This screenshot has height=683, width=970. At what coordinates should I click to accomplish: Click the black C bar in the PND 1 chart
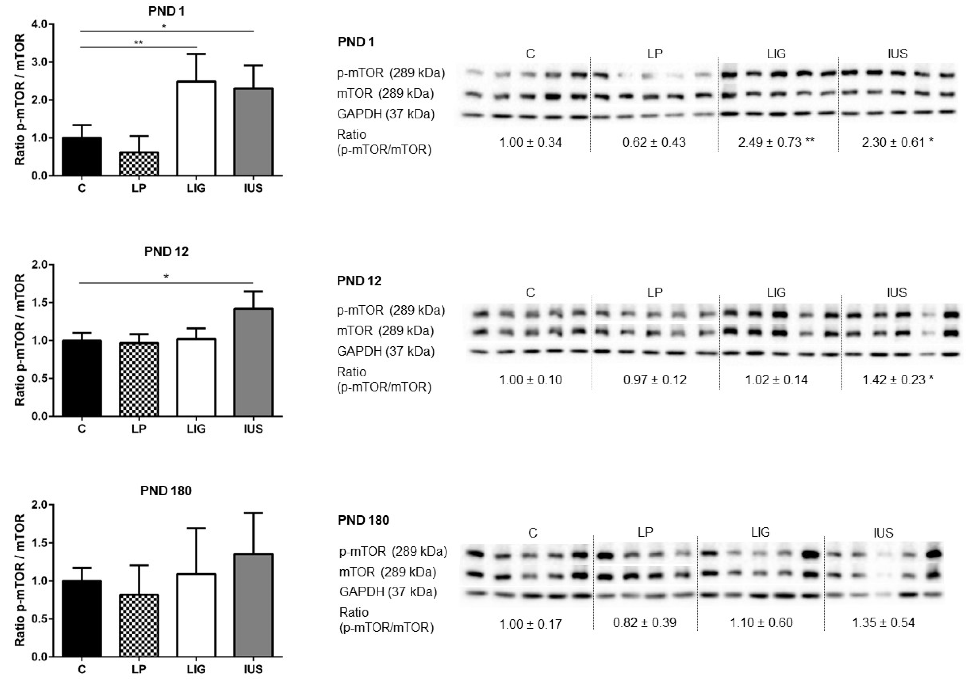coord(82,156)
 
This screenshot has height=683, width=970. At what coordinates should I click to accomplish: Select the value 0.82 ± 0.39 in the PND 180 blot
coord(645,623)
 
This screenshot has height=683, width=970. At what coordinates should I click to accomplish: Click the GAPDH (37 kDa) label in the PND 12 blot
coord(386,351)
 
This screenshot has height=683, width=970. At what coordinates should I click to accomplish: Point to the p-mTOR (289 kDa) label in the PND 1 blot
coord(391,73)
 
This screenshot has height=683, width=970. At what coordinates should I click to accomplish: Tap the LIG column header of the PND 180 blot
coord(760,533)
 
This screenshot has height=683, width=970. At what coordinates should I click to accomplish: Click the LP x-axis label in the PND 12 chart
coord(139,429)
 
